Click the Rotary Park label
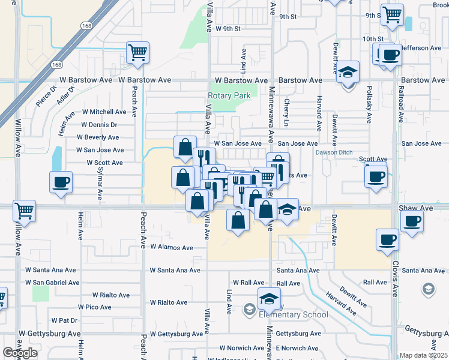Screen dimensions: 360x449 click(x=229, y=95)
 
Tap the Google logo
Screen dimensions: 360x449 click(x=20, y=353)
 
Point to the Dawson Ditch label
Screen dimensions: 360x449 click(x=334, y=152)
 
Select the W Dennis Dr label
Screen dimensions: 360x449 click(x=99, y=125)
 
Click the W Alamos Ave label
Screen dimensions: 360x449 click(x=172, y=247)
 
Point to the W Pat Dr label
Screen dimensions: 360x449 click(x=65, y=320)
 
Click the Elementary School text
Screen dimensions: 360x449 click(x=293, y=314)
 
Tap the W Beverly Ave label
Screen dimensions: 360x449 click(x=97, y=137)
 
